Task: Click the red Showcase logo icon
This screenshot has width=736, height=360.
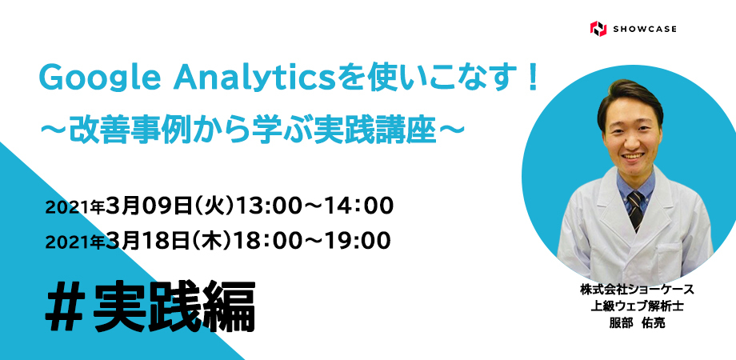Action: click(598, 29)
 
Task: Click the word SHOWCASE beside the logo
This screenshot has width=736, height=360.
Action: click(645, 29)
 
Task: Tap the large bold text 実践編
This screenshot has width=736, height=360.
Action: click(174, 307)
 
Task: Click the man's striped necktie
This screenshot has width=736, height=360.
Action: click(635, 210)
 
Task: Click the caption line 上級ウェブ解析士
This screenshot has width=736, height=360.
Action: click(637, 306)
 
